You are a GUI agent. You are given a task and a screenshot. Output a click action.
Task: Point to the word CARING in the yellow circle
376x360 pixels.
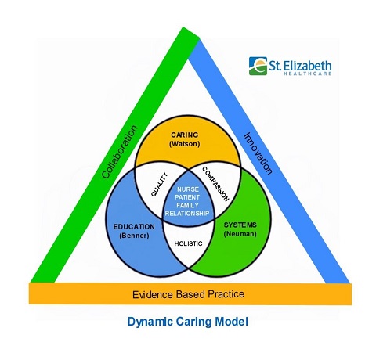[x=186, y=135]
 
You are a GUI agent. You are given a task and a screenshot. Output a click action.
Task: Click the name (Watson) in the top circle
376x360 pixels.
[x=186, y=145]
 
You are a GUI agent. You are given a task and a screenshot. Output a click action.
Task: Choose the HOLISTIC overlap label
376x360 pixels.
[x=188, y=243]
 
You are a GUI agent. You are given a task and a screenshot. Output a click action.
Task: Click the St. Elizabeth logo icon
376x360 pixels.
[x=258, y=65]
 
